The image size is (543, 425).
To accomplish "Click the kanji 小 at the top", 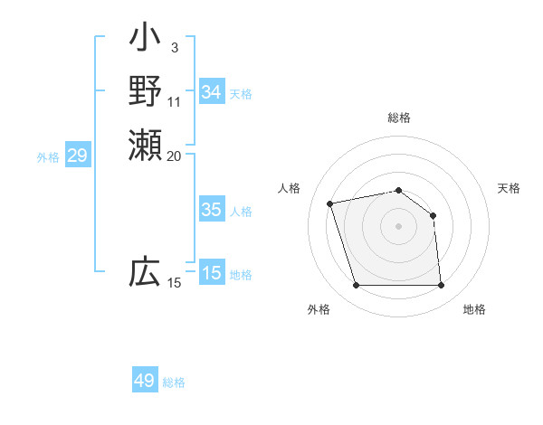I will pos(145,39).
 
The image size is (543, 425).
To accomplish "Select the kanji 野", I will pos(145,91).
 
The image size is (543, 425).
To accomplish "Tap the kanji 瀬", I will pos(145,144).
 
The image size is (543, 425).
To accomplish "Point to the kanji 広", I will pos(145,271).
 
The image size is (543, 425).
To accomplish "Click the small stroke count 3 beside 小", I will pos(174,48).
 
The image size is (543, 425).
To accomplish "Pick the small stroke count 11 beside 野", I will pos(175,101).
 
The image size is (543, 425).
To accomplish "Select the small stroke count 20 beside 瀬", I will pos(175,156).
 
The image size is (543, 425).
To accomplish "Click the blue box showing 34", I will pos(212,92).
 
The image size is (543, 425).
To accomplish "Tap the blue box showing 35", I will pos(212,210).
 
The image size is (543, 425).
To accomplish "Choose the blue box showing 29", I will pos(77,156).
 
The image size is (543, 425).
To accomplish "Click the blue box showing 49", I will pos(145,381).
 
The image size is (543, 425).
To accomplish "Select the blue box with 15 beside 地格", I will pos(212,273).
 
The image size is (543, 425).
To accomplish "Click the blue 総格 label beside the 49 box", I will pos(175,382).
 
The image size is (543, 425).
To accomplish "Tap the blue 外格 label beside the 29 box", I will pos(48,157).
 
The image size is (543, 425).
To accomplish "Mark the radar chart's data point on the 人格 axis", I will pos(330,203).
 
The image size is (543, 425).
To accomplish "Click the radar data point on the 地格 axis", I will pos(441,286).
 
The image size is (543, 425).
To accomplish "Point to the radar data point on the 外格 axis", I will pos(356,286).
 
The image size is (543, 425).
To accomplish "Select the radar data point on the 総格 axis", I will pos(398,190).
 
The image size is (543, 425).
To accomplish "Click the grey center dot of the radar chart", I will pos(398,226).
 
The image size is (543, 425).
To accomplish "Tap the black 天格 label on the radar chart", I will pos(509,188).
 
